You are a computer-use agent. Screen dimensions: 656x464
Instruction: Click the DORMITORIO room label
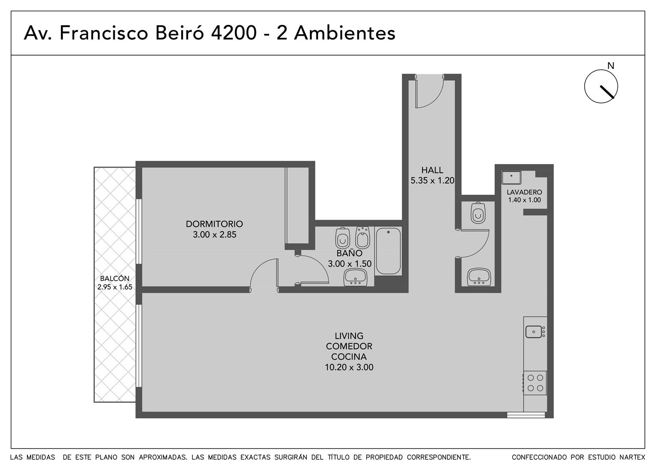[x=214, y=224]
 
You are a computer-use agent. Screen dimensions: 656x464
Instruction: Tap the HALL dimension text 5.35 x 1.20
[x=432, y=180]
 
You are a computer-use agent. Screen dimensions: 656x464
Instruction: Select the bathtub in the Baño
[x=389, y=251]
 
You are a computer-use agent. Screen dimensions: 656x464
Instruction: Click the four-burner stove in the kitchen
[x=535, y=383]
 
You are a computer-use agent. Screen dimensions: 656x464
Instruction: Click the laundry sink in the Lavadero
[x=511, y=177]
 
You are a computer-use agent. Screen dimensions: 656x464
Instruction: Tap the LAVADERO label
[x=524, y=192]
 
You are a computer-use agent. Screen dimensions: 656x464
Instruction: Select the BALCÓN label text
[x=115, y=278]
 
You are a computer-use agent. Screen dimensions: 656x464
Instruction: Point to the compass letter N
[x=611, y=66]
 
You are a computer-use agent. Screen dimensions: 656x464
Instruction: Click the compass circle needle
[x=607, y=92]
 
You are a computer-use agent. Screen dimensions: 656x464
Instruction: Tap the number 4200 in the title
[x=234, y=33]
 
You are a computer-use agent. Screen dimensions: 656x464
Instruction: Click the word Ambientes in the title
[x=345, y=33]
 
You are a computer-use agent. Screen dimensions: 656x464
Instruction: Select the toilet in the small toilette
[x=478, y=213]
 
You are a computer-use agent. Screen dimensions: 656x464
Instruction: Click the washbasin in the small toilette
[x=479, y=277]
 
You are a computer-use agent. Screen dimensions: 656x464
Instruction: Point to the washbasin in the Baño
[x=355, y=277]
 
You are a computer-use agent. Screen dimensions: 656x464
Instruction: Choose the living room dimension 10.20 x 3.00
[x=349, y=367]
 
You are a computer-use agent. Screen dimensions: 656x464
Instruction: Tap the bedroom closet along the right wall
[x=297, y=205]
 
